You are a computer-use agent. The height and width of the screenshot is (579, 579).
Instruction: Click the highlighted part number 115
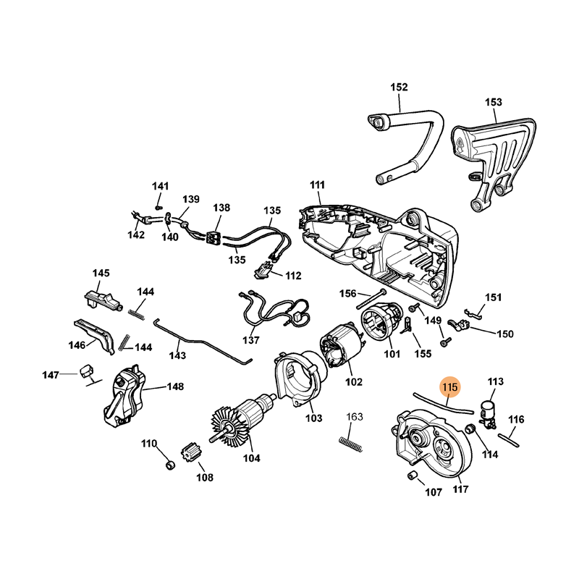click(449, 388)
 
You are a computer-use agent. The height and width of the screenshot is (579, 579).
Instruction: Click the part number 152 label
click(399, 88)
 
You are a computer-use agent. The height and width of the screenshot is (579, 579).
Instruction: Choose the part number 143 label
click(177, 355)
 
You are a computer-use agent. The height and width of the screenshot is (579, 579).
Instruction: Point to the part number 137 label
click(250, 339)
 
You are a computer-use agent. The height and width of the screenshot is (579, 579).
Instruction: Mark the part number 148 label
click(175, 386)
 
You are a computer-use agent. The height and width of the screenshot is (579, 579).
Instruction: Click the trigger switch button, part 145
click(100, 298)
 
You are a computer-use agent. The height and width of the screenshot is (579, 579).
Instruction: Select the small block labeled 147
click(87, 371)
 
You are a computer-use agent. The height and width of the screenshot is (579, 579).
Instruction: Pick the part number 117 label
click(460, 489)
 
